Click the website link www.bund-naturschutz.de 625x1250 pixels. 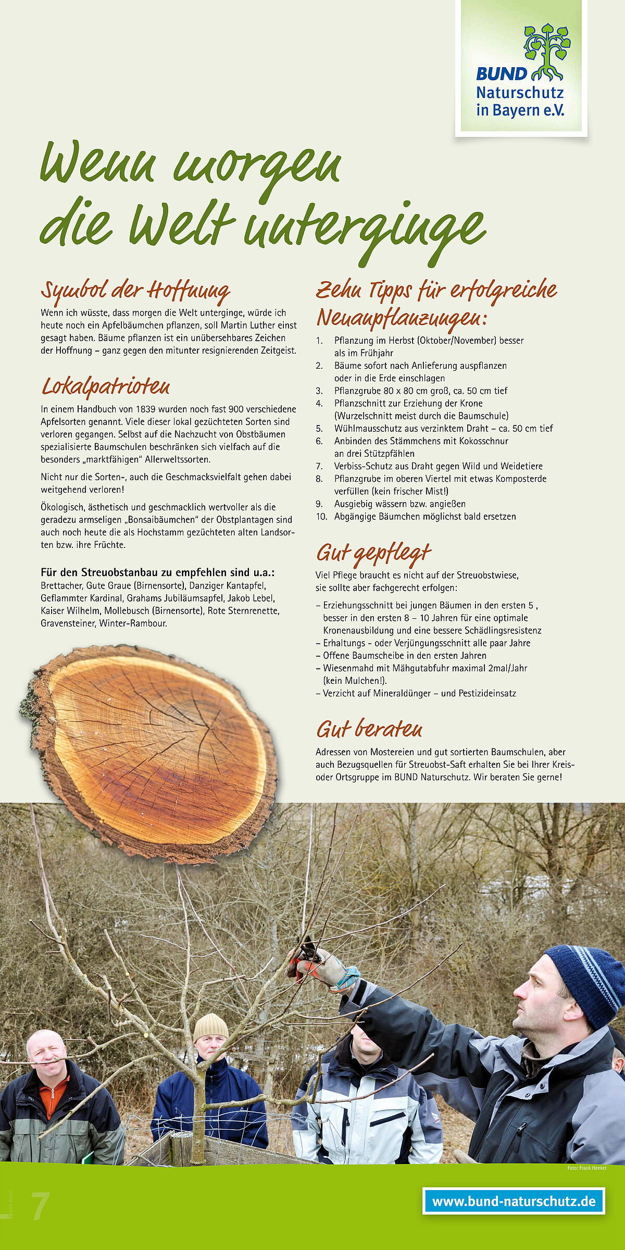click(x=514, y=1201)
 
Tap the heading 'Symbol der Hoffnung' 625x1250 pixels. click(x=135, y=292)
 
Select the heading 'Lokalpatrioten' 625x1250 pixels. click(x=106, y=387)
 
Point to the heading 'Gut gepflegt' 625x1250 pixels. click(x=373, y=554)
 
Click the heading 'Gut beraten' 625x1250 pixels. click(x=369, y=729)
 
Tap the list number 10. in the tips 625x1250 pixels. click(x=321, y=517)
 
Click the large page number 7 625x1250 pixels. click(x=40, y=1206)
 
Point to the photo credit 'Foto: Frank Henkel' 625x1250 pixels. click(x=586, y=1168)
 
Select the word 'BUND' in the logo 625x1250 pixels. click(x=501, y=74)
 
